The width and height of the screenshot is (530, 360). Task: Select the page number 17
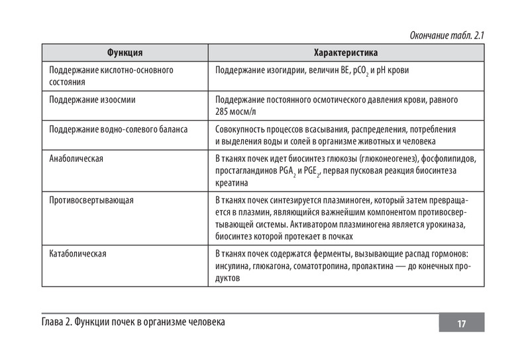[461, 324]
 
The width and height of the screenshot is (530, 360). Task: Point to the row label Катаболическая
[78, 254]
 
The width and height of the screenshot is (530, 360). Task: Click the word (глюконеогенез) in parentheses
[388, 159]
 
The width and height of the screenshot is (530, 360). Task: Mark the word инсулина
[233, 267]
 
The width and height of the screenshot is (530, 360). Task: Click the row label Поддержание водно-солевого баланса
[119, 129]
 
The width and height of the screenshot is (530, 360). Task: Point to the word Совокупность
[244, 129]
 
